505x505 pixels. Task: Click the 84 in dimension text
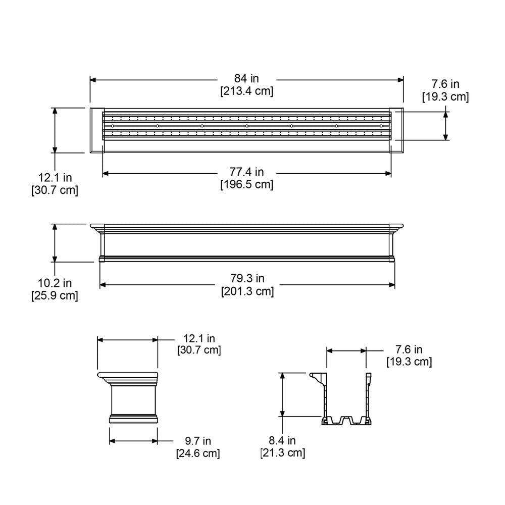point(246,78)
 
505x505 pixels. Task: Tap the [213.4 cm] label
point(246,91)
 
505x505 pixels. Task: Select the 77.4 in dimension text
point(246,172)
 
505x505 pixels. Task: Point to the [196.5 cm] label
point(246,185)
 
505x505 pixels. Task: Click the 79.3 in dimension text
point(247,278)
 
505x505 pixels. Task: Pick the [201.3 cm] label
point(247,291)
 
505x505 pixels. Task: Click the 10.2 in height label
point(55,283)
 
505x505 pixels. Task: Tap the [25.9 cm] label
point(55,296)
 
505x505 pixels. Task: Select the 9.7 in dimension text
point(197,441)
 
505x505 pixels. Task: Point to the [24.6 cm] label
point(197,453)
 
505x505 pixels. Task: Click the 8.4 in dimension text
point(283,440)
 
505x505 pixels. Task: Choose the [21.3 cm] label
point(283,453)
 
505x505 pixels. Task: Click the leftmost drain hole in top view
point(113,125)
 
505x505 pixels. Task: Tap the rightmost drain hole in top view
point(381,125)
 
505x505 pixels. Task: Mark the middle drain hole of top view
point(247,125)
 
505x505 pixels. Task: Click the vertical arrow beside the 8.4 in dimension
point(283,394)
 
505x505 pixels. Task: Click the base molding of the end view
point(133,418)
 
